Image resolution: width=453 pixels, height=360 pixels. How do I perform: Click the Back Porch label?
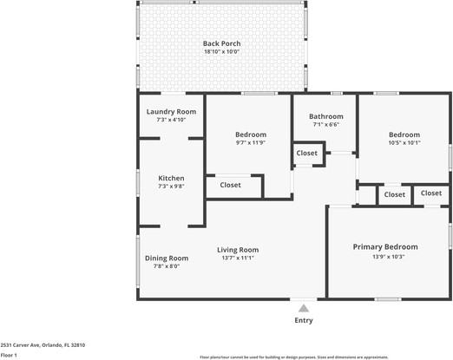point(221,43)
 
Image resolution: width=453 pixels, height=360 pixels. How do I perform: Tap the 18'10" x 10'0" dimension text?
point(221,52)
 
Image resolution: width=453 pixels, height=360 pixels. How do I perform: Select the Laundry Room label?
point(171,112)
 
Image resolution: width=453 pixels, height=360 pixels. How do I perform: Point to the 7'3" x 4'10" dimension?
point(171,120)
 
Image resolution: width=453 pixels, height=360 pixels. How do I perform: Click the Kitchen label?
point(171,178)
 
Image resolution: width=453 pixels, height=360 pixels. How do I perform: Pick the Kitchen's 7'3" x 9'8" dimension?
point(171,186)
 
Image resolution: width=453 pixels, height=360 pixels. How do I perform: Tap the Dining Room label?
point(167,258)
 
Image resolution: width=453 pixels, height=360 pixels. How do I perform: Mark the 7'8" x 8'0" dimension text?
point(167,266)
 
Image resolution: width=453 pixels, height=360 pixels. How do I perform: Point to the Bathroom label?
point(326,116)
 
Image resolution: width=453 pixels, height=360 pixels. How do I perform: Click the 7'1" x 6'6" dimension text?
point(326,124)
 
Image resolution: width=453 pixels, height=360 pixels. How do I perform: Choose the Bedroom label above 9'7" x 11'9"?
point(251,134)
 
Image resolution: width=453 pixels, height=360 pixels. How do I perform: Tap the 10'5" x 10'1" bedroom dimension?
point(404,143)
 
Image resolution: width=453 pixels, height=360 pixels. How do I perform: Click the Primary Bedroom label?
point(385,247)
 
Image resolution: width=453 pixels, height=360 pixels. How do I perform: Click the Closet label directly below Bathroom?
point(307,154)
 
